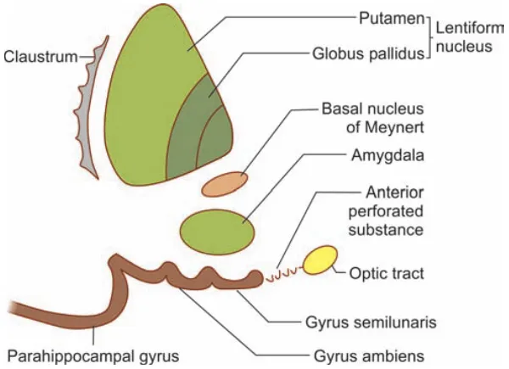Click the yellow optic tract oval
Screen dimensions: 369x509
tap(321, 260)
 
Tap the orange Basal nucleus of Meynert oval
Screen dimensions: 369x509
tap(225, 182)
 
